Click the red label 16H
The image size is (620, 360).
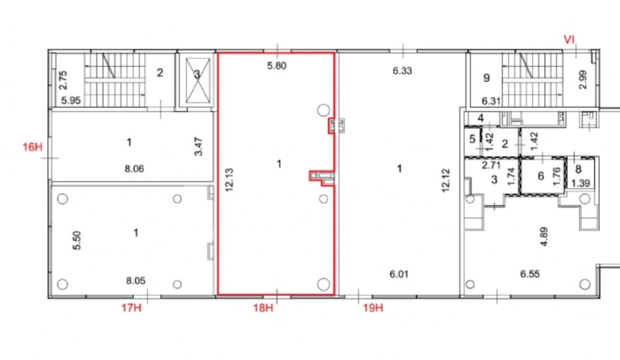tap(32, 147)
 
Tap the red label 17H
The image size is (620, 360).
tap(131, 307)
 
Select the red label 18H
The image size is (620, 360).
tap(263, 307)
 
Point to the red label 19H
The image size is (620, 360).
tap(373, 307)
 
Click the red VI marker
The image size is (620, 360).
tap(569, 40)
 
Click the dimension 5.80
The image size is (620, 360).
tap(277, 66)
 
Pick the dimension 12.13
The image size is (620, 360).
tap(229, 180)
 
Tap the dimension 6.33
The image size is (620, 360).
tap(402, 71)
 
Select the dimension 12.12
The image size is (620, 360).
tap(446, 180)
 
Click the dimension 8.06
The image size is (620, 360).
tap(135, 169)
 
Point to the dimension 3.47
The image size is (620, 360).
tap(198, 146)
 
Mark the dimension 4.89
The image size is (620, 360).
tap(544, 237)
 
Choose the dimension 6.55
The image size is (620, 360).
tap(530, 274)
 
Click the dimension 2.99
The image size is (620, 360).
tap(583, 79)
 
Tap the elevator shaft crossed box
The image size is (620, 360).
tap(198, 80)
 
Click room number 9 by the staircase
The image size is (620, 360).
tap(487, 78)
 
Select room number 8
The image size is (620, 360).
tap(578, 169)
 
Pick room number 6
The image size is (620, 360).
tap(541, 175)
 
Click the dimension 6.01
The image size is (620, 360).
tap(399, 274)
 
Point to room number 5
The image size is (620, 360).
tap(472, 139)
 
